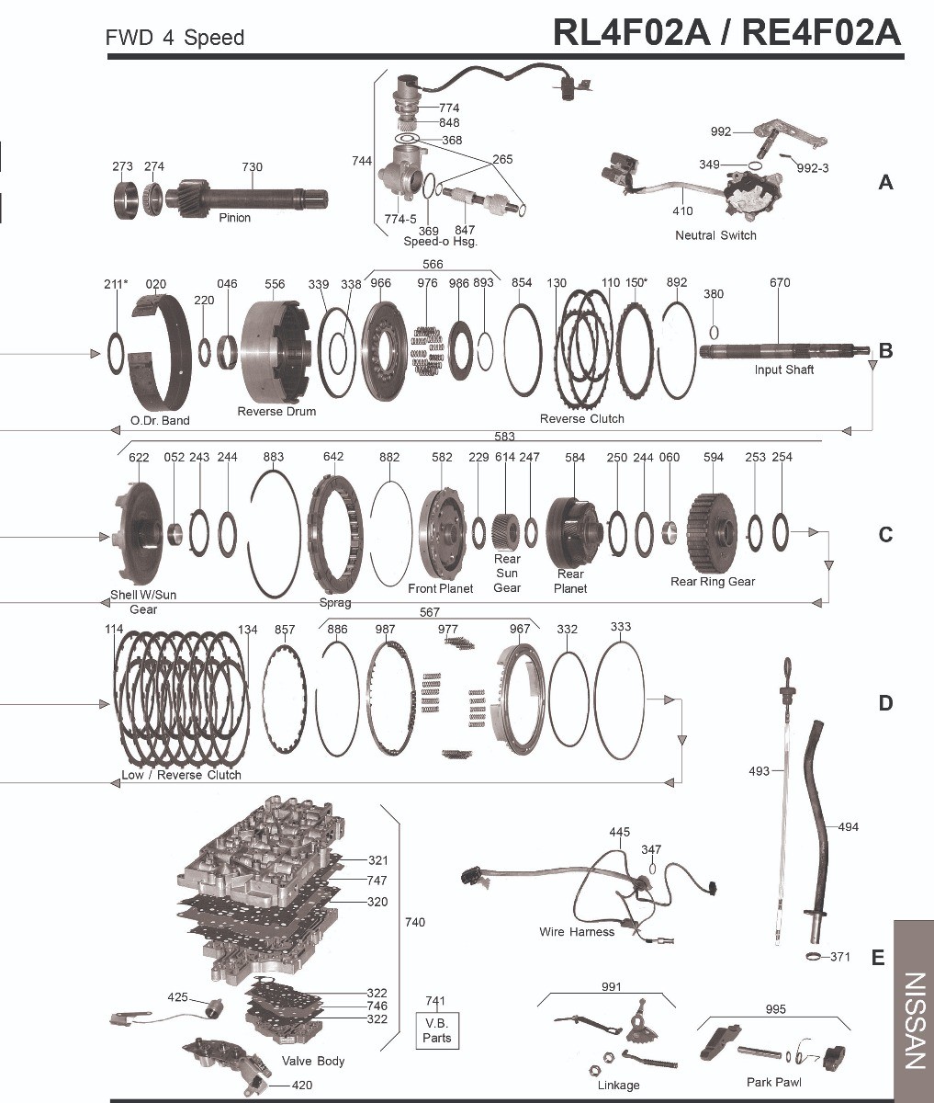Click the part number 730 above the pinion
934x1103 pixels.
[253, 167]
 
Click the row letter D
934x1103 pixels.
[885, 703]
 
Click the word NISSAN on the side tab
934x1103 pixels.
[915, 1020]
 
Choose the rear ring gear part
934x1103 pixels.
[713, 531]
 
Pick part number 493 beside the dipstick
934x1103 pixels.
[760, 770]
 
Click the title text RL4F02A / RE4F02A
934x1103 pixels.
[727, 32]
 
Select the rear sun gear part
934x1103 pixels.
[505, 531]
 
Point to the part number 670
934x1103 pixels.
[780, 282]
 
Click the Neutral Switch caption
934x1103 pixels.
[715, 235]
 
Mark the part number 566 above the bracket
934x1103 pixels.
[433, 264]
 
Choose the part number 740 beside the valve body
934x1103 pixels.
[415, 922]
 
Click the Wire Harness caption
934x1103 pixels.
[576, 932]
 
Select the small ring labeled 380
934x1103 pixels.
[714, 333]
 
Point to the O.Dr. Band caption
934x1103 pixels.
[160, 420]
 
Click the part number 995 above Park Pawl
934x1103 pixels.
[776, 1009]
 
